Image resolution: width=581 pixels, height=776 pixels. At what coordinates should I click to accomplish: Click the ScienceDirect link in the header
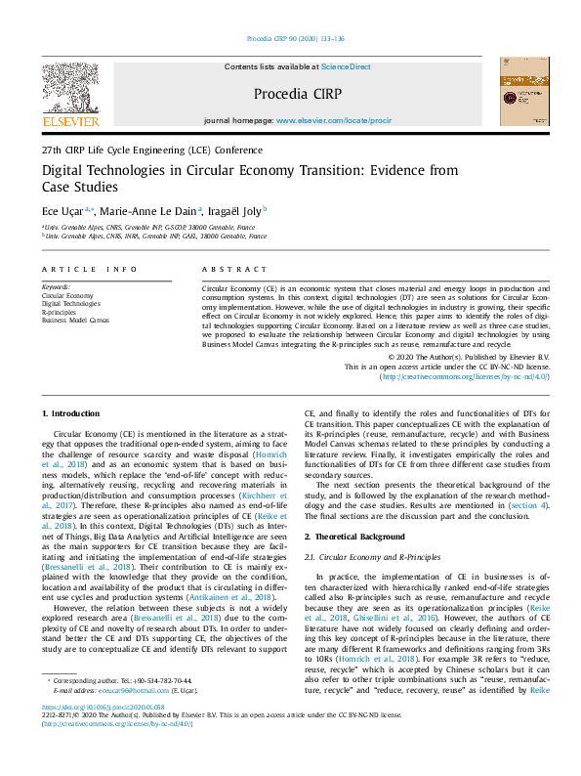tap(346, 66)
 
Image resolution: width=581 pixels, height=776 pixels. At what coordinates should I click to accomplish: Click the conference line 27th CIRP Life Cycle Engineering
tap(151, 151)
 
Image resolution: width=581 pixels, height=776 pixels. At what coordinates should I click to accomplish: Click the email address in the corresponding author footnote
tap(134, 691)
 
